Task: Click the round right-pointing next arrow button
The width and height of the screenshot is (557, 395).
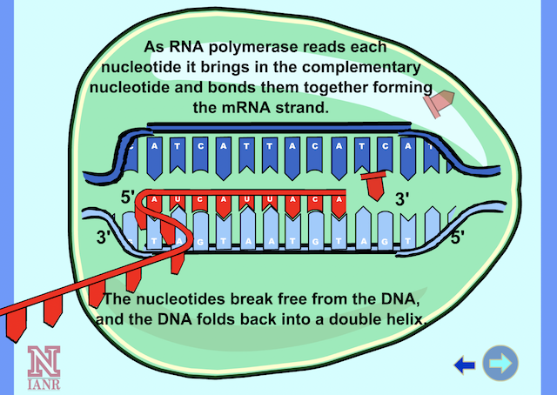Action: point(500,364)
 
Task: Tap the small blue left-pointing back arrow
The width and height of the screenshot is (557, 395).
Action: point(465,365)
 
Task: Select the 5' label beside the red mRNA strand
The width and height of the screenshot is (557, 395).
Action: point(128,197)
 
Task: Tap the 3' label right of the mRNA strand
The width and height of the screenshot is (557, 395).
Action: point(402,199)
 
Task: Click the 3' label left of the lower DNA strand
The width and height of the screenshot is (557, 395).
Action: point(105,237)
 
